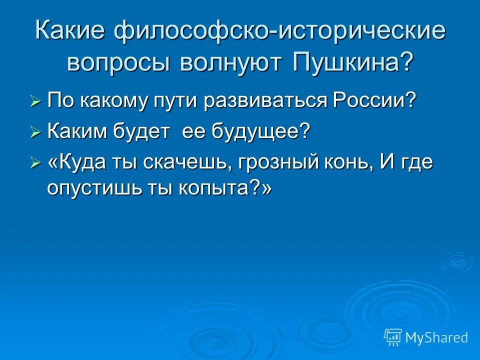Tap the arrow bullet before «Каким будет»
[35, 133]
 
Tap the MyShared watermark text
[436, 337]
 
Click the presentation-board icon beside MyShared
[392, 337]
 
